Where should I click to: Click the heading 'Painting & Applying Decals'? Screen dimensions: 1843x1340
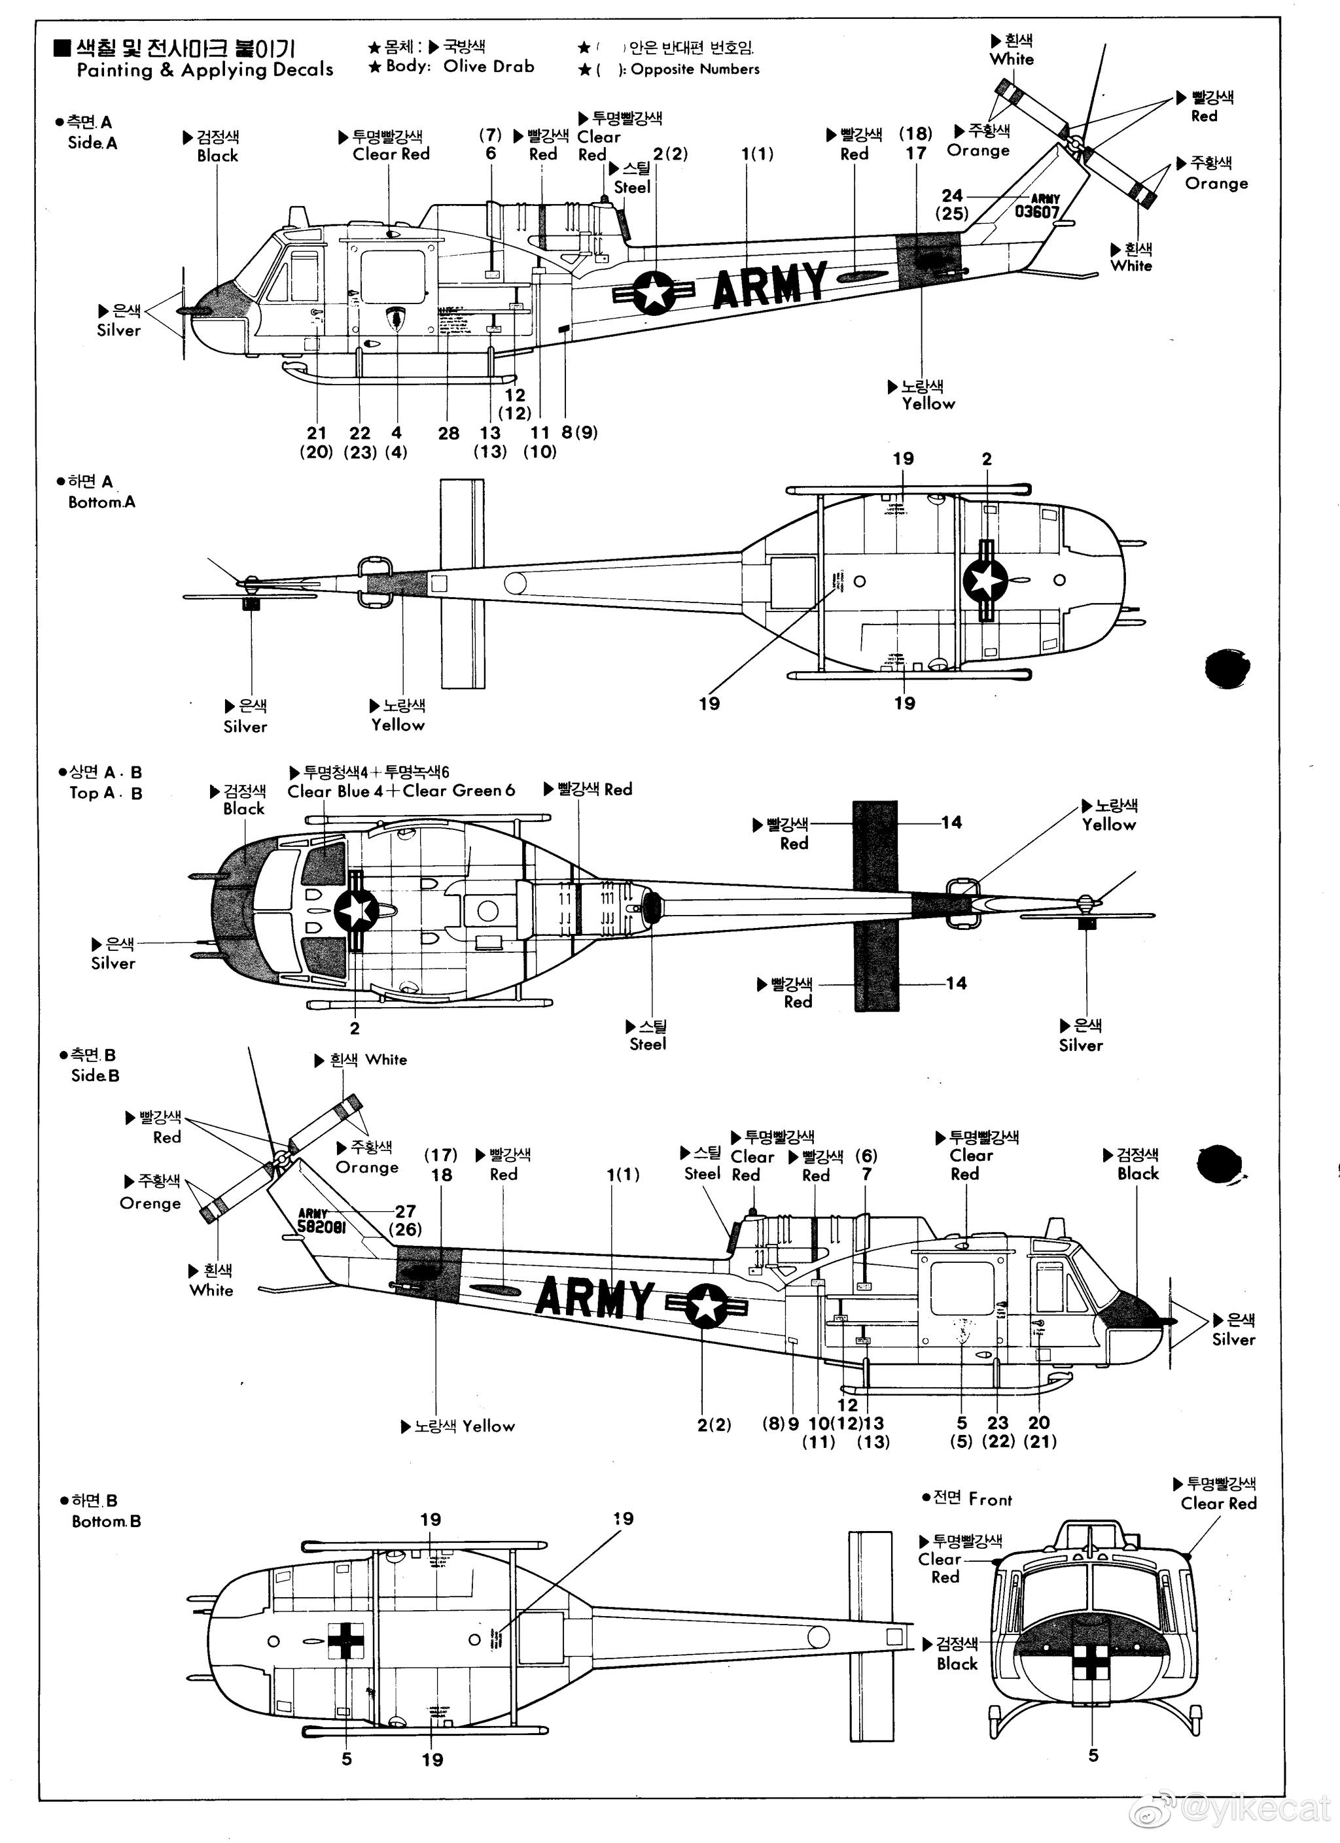tap(205, 70)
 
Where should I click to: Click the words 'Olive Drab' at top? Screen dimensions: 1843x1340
tap(489, 67)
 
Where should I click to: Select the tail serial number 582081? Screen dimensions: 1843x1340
tap(322, 1227)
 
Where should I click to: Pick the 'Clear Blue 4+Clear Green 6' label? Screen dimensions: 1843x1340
tap(401, 791)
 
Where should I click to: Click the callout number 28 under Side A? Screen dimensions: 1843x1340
tap(448, 433)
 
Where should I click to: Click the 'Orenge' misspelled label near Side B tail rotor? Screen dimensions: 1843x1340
tap(150, 1203)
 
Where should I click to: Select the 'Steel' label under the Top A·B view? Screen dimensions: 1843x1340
tap(647, 1044)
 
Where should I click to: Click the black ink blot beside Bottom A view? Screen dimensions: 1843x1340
tap(1226, 668)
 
